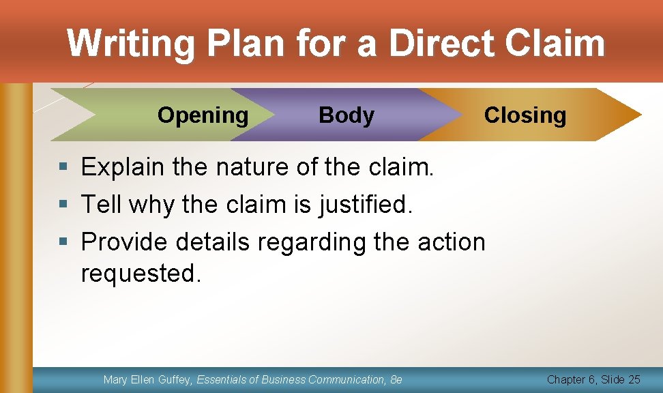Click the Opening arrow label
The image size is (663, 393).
(x=203, y=115)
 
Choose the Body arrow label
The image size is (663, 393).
(x=347, y=115)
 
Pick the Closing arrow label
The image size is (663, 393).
(x=525, y=115)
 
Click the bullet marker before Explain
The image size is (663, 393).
(x=64, y=166)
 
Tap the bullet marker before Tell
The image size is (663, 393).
(x=64, y=204)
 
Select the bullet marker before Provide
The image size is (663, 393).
(x=64, y=242)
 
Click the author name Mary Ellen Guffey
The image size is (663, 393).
(x=147, y=379)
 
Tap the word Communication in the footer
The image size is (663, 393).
(x=346, y=379)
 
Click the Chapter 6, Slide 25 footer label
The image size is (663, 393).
(x=593, y=379)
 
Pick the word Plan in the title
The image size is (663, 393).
(x=246, y=43)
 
